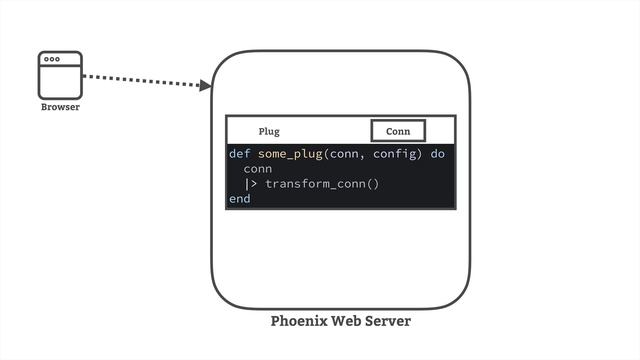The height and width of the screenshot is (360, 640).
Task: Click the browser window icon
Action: (60, 74)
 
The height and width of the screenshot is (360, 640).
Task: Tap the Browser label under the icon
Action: (60, 107)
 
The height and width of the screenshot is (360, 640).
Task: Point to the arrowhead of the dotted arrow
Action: (206, 87)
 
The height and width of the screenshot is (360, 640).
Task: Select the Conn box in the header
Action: (398, 131)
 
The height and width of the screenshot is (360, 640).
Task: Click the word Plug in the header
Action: (269, 131)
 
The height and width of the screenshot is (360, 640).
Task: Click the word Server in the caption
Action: (388, 322)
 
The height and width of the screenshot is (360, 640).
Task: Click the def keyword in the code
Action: (239, 154)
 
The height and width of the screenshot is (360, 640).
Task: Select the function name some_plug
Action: (291, 154)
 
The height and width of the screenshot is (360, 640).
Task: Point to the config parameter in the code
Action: (396, 154)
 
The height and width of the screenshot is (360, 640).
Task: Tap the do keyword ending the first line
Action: (438, 154)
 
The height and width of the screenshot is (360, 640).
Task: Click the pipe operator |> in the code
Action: (251, 184)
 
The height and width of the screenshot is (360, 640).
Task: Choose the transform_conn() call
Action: (322, 184)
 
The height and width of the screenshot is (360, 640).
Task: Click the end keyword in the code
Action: (239, 199)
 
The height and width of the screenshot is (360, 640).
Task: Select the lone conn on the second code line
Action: (257, 169)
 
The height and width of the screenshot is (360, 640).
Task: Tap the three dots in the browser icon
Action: (52, 60)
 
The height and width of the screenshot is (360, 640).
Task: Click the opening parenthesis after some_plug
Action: (328, 154)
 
